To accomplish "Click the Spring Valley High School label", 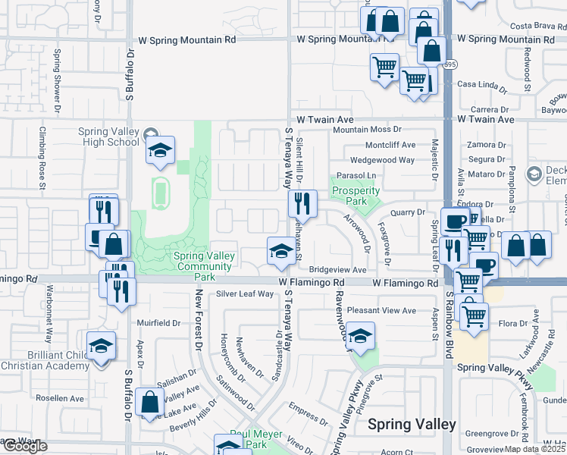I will click(x=109, y=136).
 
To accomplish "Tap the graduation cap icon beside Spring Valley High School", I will click(x=160, y=151).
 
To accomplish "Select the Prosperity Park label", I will click(x=356, y=196).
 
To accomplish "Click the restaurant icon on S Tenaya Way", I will click(x=301, y=202).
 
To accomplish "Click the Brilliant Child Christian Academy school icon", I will click(x=101, y=347).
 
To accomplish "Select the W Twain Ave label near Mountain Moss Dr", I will click(x=325, y=120).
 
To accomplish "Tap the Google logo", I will click(x=24, y=446).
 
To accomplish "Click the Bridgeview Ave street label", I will click(x=337, y=270).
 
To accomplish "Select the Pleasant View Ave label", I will click(x=381, y=310).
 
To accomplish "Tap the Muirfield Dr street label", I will click(x=158, y=322).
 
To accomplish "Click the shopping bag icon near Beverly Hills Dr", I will click(x=150, y=403).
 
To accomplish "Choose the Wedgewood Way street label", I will click(x=382, y=160).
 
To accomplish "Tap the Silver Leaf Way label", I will click(x=244, y=293).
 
